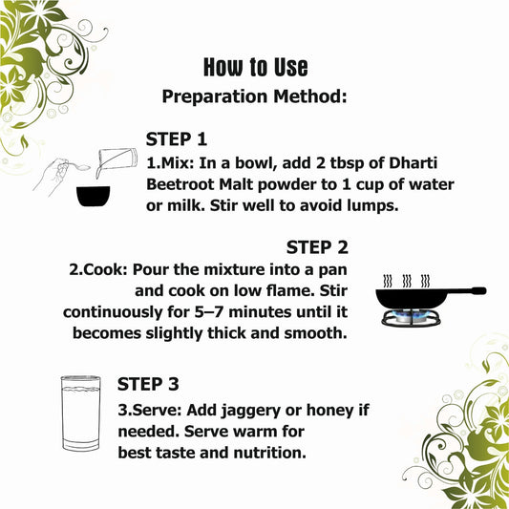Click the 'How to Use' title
256,67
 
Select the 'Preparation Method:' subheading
254,96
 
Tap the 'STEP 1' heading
177,139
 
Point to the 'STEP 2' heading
317,247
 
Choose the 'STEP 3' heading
148,384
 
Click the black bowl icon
94,197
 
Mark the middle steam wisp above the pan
407,281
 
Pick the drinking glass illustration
80,413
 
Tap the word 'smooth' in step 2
316,333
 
